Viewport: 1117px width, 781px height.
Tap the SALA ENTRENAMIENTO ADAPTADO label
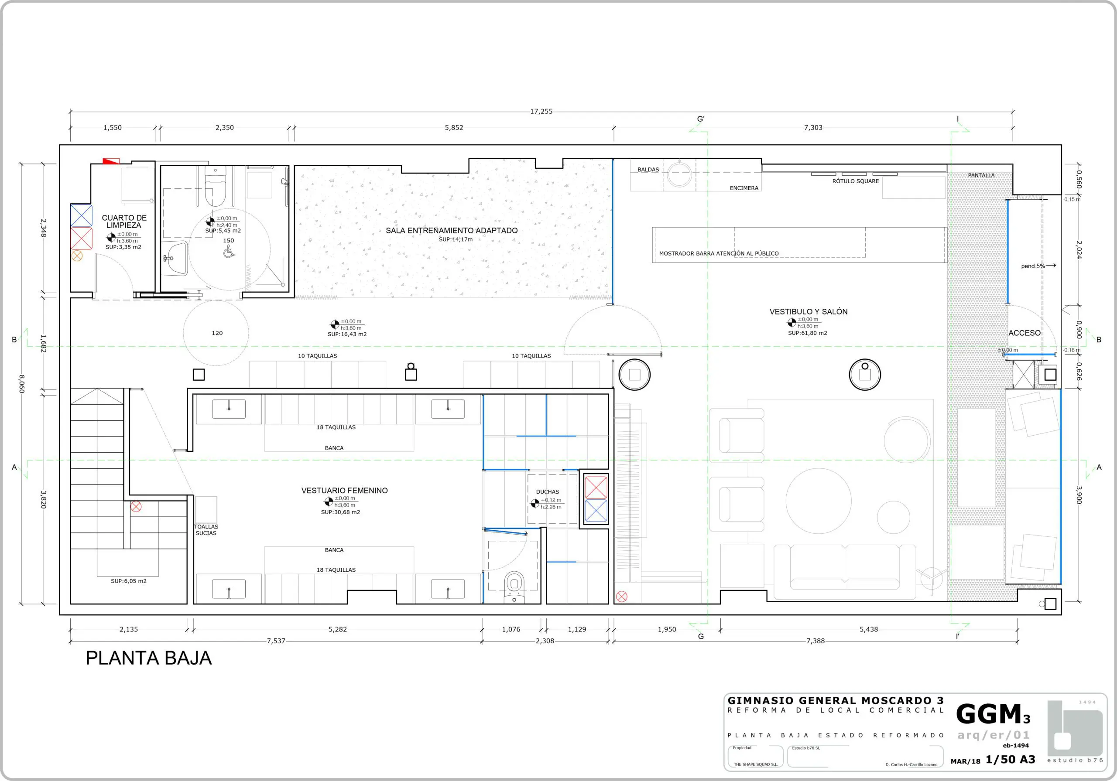coord(452,231)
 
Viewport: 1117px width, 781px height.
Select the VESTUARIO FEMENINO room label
coord(344,491)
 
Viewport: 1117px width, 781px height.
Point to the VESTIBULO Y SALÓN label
coord(808,312)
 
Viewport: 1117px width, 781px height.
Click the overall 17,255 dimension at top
coord(541,111)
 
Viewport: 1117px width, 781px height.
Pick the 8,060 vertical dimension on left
coord(21,384)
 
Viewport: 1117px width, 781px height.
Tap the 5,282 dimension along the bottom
coord(338,629)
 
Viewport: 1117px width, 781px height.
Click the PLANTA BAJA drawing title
coord(149,658)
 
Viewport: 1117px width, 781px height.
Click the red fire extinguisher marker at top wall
coord(111,161)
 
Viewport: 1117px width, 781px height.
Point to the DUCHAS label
coord(547,491)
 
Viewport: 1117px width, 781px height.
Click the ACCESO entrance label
coord(1024,333)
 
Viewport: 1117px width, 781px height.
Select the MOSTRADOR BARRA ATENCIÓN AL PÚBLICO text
coord(719,253)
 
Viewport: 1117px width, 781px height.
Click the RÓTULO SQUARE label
coord(855,181)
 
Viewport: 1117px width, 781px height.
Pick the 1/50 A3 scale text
coord(1010,760)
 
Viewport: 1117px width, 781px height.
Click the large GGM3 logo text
coord(993,714)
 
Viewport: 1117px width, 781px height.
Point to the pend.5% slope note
coord(1033,266)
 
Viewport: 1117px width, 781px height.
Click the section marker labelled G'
coord(701,119)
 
